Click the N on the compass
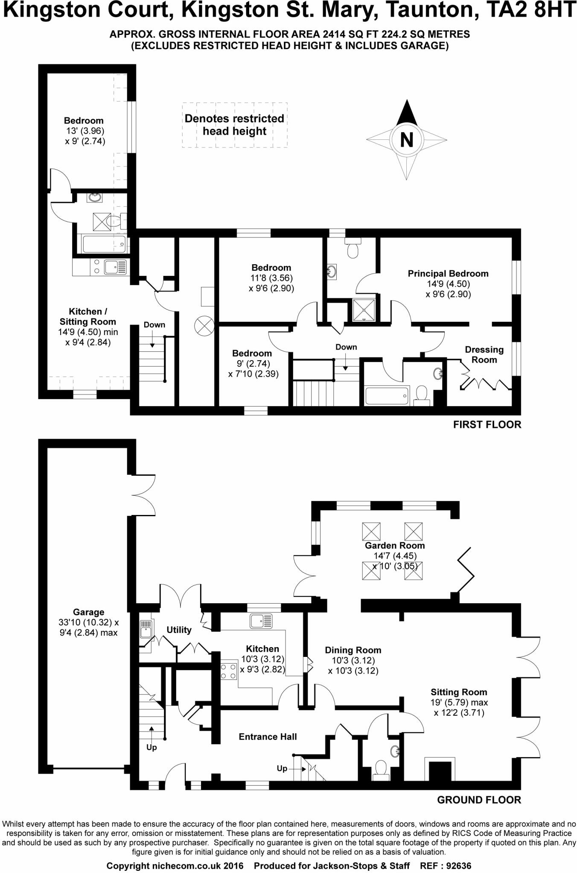coord(406,139)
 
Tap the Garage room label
coord(88,612)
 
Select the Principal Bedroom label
coord(448,274)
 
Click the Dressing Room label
coord(484,355)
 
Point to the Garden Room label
coord(394,546)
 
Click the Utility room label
coord(179,630)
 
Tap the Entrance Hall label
coord(268,737)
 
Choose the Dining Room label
coord(353,650)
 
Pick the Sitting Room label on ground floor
coord(459,692)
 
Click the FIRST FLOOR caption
coord(487,425)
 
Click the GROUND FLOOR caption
coord(479,800)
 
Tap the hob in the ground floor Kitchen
coord(229,671)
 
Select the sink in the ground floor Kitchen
coord(261,621)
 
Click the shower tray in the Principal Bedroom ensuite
coord(364,310)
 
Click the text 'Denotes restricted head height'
coord(234,125)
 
